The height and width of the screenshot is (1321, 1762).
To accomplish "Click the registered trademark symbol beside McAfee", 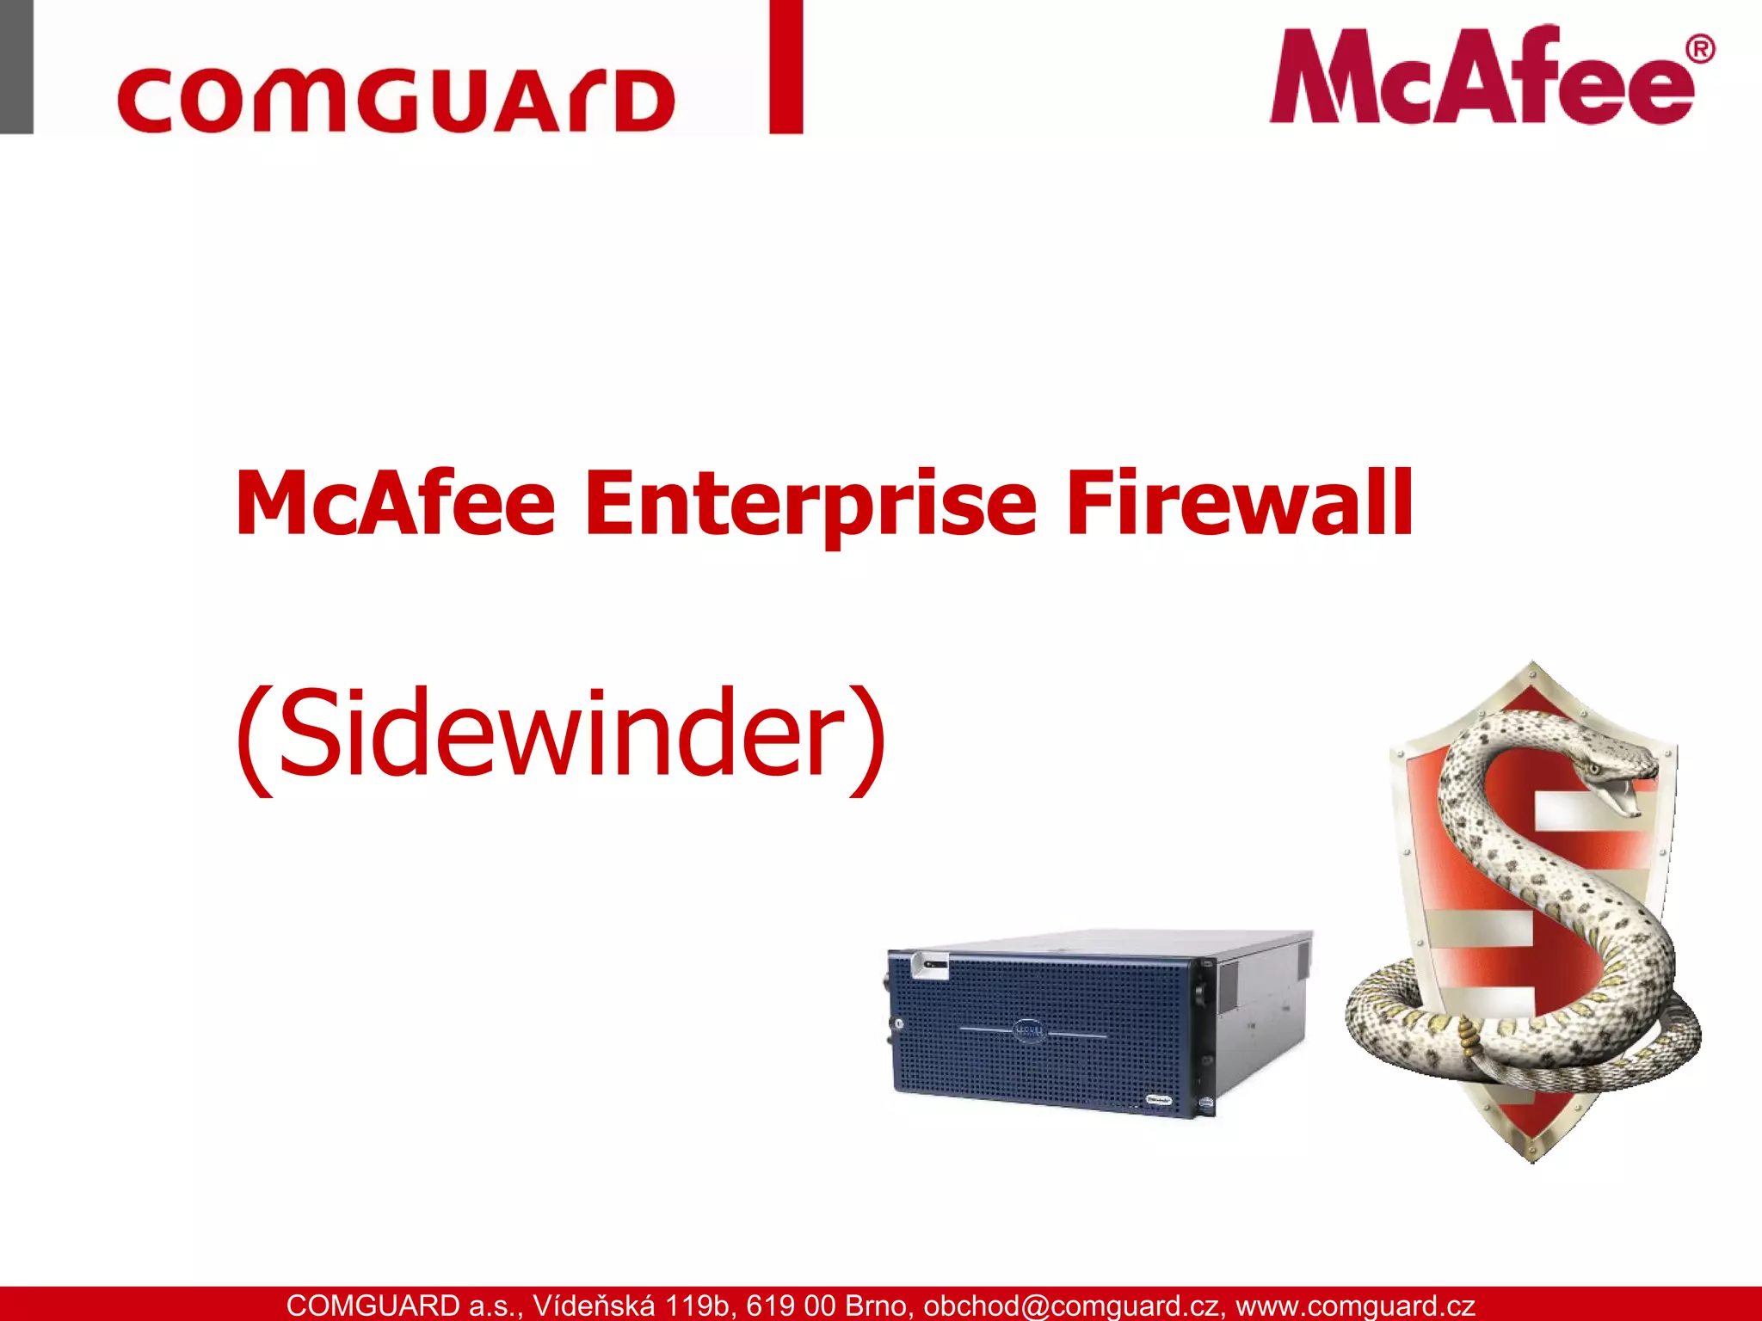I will (1699, 49).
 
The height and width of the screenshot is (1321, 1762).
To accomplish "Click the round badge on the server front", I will (1029, 1029).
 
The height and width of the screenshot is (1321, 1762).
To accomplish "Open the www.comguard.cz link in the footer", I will (1355, 1306).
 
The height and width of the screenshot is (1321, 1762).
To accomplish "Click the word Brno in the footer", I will (878, 1306).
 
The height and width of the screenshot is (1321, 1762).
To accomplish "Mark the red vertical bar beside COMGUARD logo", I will (786, 67).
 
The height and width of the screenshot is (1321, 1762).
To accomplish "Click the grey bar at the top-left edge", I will (16, 67).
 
